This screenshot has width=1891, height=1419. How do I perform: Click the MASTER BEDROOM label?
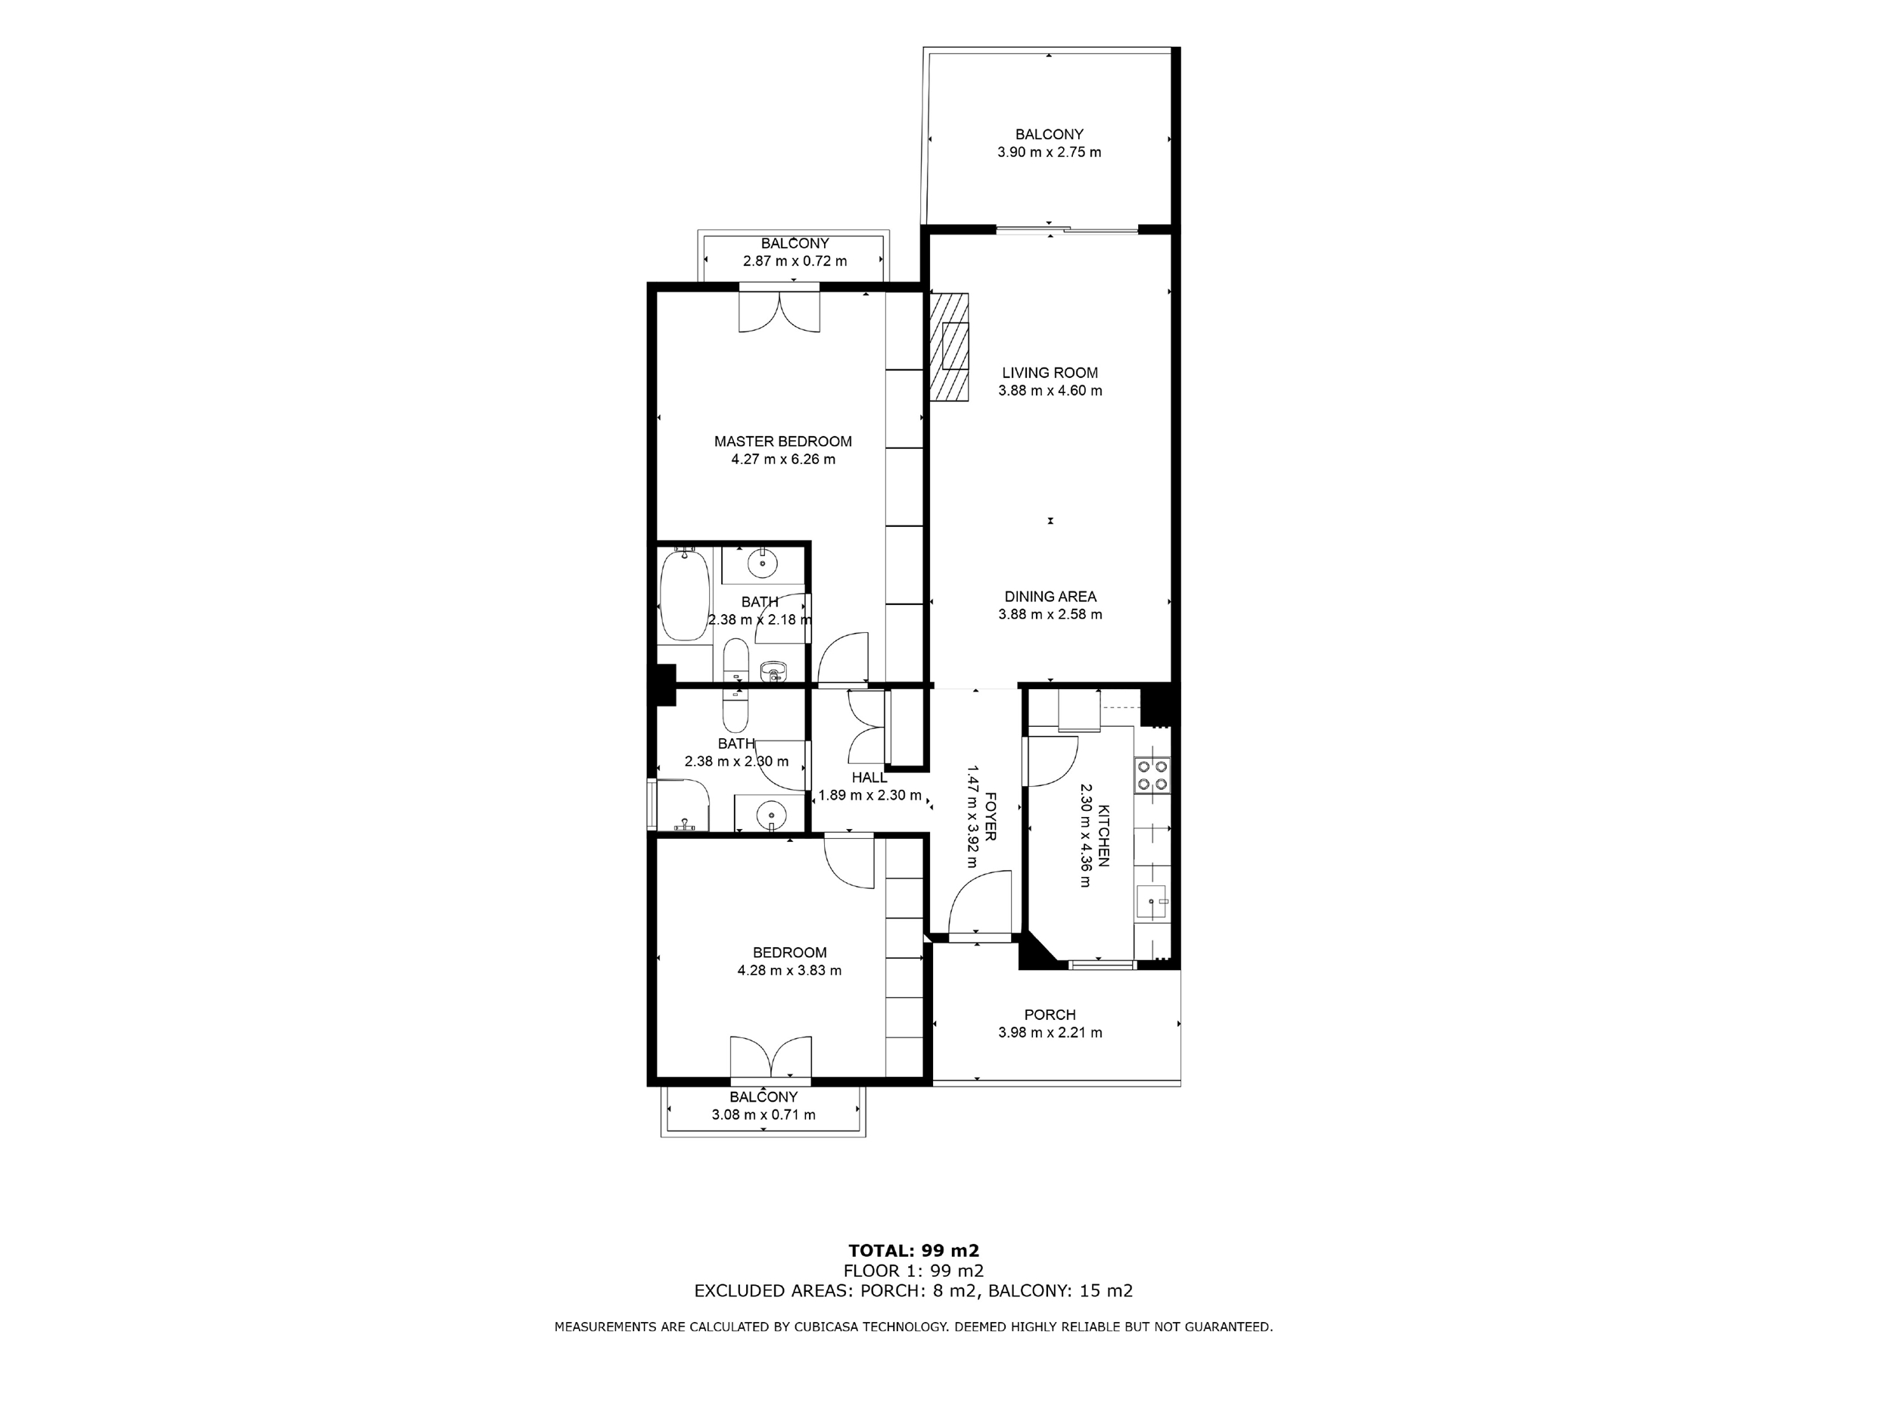point(783,441)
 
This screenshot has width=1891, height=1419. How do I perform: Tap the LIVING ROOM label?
point(1050,373)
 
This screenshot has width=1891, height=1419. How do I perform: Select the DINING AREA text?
point(1050,597)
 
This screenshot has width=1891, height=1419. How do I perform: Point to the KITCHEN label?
point(1104,836)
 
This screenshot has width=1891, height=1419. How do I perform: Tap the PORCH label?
point(1050,1015)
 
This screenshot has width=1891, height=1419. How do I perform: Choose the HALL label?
point(869,778)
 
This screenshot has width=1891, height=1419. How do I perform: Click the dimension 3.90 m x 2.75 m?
point(1049,153)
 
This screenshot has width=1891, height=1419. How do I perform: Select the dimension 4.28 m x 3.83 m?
point(789,971)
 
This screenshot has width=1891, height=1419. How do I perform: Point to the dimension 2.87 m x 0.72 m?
point(795,262)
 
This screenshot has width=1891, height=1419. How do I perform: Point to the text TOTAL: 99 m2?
point(914,1252)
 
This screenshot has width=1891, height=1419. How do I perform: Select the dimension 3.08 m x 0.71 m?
point(764,1115)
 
